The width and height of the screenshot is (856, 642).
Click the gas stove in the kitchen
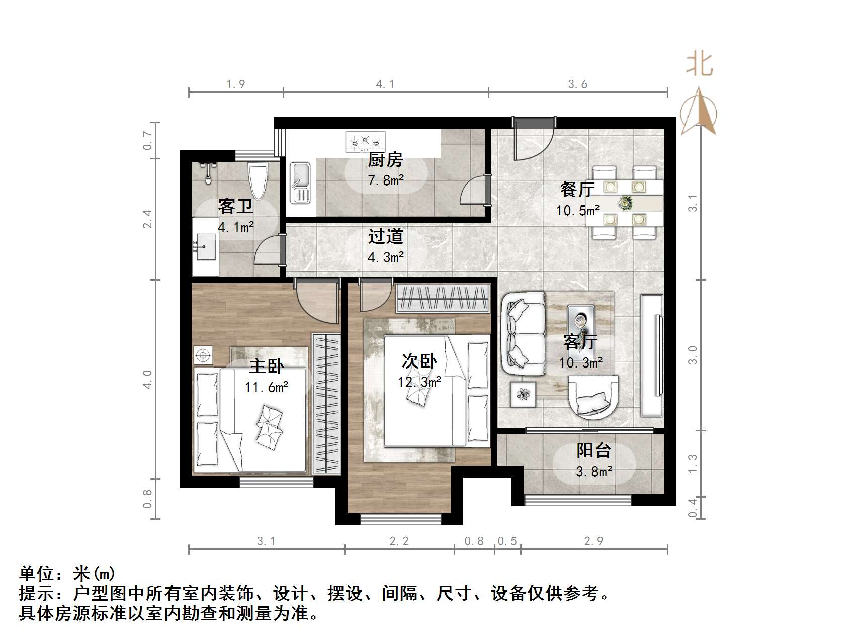[365, 142]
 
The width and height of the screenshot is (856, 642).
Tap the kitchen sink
[301, 183]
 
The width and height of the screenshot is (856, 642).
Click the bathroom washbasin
[205, 246]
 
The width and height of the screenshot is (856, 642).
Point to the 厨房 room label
[385, 160]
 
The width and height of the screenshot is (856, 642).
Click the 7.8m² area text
[386, 180]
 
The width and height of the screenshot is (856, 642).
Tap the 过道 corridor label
[385, 236]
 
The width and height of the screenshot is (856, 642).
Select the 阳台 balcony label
[593, 450]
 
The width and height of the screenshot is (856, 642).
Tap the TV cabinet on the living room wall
[652, 355]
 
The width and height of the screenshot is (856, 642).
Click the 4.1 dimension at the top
[385, 84]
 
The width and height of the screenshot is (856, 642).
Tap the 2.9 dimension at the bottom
[593, 541]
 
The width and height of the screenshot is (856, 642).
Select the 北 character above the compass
[700, 65]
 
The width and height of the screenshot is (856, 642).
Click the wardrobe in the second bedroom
[443, 298]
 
